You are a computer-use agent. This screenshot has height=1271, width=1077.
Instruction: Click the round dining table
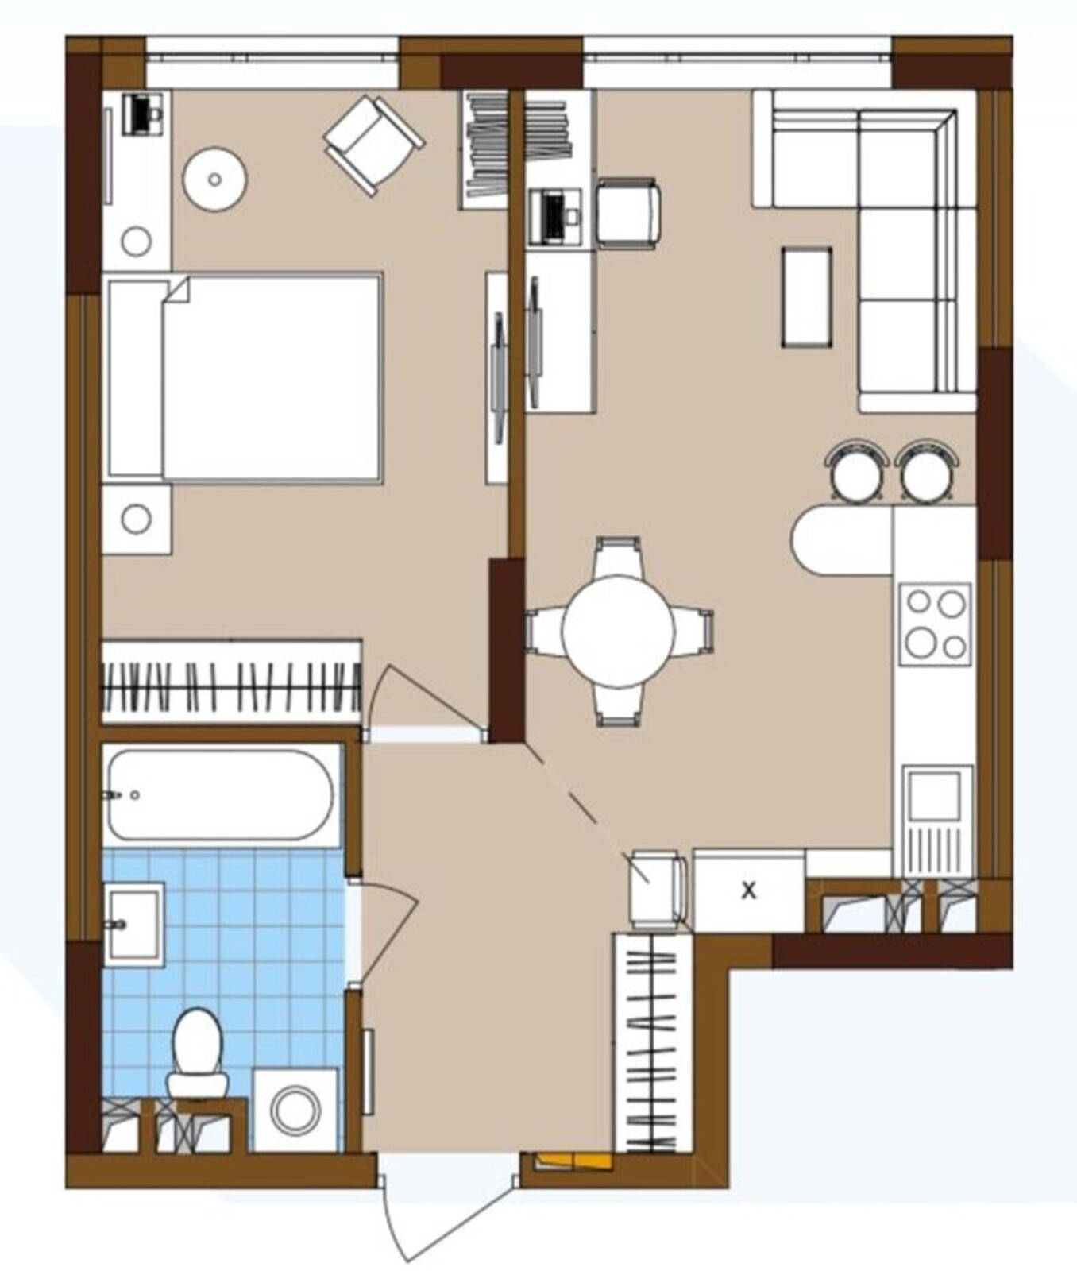[x=618, y=632]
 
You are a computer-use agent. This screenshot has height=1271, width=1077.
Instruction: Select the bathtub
[x=220, y=794]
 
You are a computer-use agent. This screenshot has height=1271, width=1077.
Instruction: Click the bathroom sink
[x=133, y=924]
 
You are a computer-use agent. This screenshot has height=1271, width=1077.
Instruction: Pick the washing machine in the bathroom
[x=295, y=1110]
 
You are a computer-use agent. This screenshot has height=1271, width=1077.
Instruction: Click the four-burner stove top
[x=935, y=624]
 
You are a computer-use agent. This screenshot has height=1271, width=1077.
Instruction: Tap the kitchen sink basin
[x=936, y=797]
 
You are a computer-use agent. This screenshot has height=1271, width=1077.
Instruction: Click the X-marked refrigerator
[x=749, y=890]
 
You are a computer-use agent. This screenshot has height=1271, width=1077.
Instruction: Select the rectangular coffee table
[x=807, y=297]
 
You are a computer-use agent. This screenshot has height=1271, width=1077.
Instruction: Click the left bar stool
[x=856, y=473]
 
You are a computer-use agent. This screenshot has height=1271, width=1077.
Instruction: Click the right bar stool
[x=927, y=473]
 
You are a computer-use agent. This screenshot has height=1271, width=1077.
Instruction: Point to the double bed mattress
[x=272, y=378]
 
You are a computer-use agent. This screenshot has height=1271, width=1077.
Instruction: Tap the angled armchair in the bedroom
[x=373, y=145]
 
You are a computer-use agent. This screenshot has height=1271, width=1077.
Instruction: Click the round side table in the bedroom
[x=214, y=180]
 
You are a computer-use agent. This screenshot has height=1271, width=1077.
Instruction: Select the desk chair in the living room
[x=627, y=214]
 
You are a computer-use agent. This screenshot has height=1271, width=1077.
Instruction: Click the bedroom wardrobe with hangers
[x=231, y=682]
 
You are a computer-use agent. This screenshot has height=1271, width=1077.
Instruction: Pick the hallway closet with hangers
[x=653, y=1043]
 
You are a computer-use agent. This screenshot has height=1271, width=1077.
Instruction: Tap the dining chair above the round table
[x=618, y=557]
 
